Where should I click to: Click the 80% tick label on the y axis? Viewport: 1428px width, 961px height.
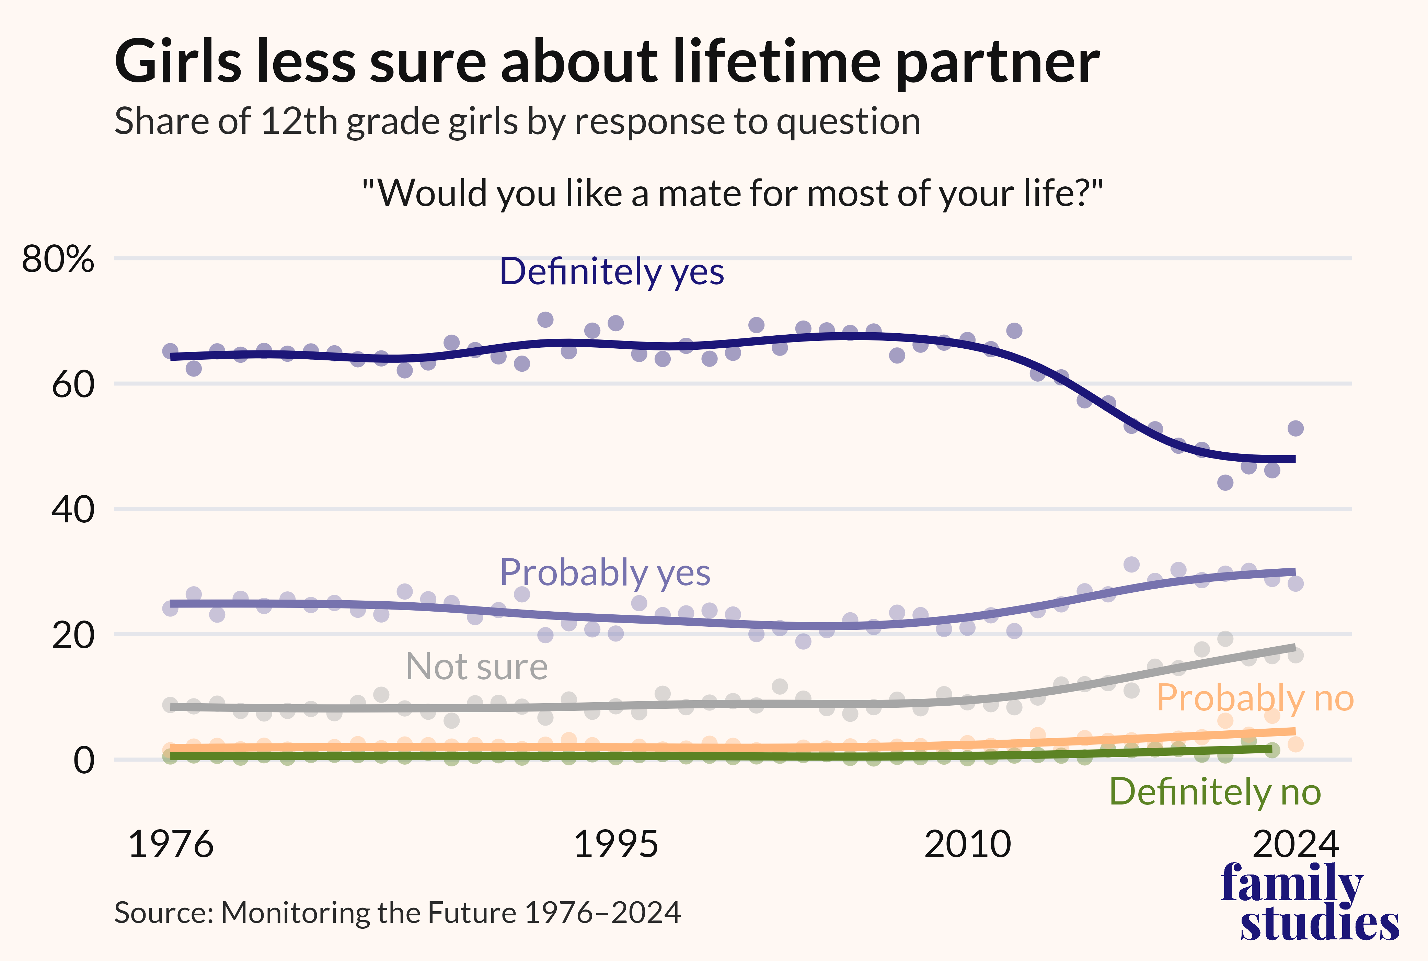[58, 259]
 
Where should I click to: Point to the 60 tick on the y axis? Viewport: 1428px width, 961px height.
[73, 385]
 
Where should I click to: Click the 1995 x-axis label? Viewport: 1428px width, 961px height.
[615, 845]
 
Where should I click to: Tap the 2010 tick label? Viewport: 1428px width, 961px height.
[967, 845]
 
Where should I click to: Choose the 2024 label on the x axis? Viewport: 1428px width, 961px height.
[1295, 845]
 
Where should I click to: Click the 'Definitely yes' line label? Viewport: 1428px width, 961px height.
[612, 271]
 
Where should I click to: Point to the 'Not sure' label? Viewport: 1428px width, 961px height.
[477, 667]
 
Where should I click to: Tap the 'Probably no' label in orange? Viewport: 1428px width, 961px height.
[1255, 698]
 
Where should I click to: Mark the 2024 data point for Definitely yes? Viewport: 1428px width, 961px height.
[1295, 428]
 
